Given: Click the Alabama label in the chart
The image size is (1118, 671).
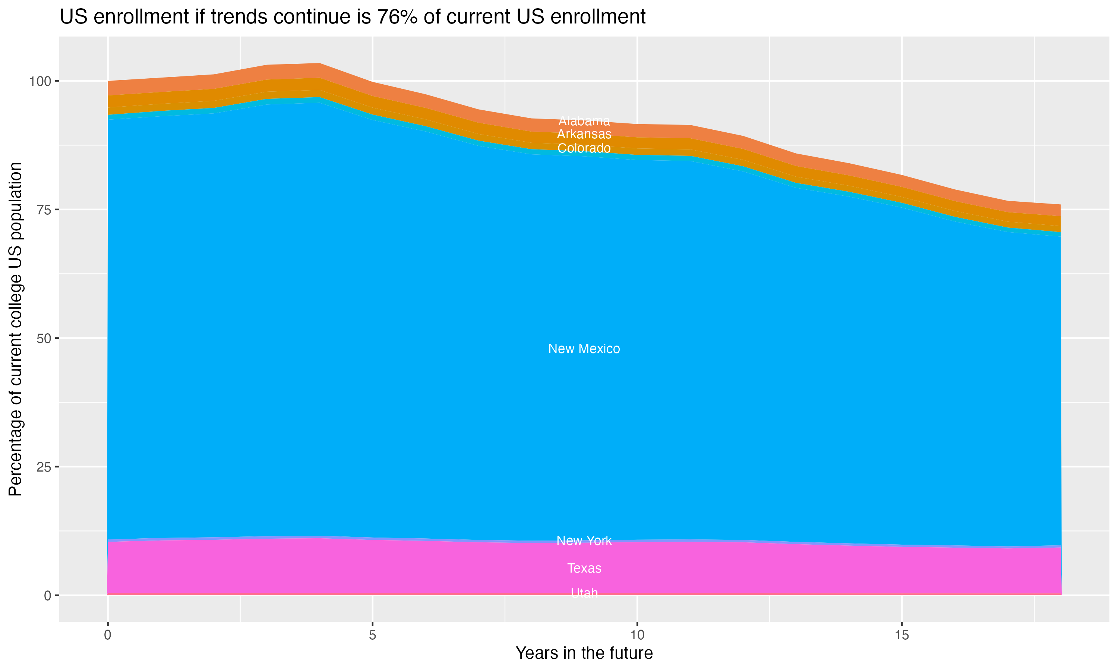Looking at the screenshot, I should [584, 121].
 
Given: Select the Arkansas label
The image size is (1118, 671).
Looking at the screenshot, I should [584, 134].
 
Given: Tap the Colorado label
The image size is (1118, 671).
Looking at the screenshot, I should [584, 148].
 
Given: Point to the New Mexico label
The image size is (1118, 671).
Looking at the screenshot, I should [584, 349].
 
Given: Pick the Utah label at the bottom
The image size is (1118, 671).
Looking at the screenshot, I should [584, 593].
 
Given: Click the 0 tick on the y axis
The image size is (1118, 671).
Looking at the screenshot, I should [47, 595].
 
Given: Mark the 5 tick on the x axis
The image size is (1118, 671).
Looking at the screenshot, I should [372, 635].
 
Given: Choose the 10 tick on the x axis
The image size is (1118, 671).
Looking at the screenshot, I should [637, 635].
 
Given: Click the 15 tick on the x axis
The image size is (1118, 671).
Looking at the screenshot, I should [901, 635].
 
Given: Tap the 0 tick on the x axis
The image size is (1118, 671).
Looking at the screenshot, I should [108, 635].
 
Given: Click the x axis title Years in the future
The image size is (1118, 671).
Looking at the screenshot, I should [584, 653].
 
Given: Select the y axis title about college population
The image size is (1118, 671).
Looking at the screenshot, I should [15, 329].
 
